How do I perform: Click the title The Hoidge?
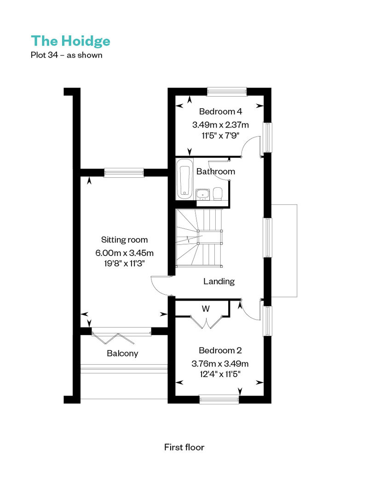(70, 41)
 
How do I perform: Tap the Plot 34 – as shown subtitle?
(67, 55)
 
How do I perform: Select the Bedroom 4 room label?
(221, 111)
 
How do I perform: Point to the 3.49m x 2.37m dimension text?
(221, 125)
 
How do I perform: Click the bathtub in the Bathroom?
(184, 179)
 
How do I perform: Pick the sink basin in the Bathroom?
(202, 194)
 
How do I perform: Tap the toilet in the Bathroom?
(218, 194)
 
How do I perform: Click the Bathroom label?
(216, 172)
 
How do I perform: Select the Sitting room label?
(124, 240)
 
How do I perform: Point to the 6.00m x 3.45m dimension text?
(124, 253)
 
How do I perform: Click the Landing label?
(219, 281)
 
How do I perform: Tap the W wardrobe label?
(206, 309)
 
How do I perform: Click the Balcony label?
(122, 354)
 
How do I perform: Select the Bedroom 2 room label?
(220, 350)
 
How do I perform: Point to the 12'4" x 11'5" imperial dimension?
(220, 374)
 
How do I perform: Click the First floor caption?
(184, 447)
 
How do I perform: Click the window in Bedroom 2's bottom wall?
(219, 400)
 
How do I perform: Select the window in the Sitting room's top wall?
(124, 173)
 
